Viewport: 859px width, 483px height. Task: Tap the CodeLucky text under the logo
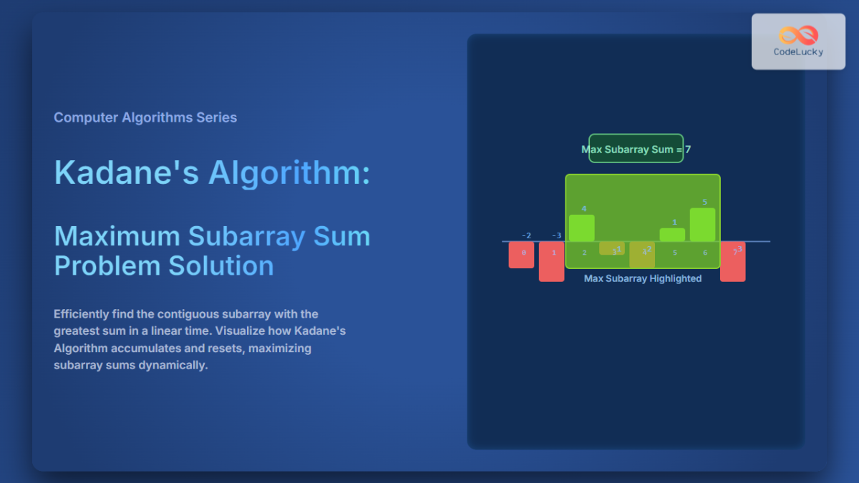[798, 52]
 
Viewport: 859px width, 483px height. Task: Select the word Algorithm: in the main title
[289, 172]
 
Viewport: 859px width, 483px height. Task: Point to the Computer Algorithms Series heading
[145, 117]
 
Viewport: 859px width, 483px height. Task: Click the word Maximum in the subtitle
[116, 236]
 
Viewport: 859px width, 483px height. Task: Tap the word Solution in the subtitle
[221, 265]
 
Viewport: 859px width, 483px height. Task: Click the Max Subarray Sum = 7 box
[636, 149]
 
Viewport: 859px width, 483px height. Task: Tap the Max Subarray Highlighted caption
[643, 278]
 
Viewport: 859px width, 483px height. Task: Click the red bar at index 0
[522, 255]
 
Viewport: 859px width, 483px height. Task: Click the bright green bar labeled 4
[582, 228]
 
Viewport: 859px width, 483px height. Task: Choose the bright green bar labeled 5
[702, 225]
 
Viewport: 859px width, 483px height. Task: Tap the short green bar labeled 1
[672, 235]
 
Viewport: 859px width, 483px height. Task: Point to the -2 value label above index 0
[526, 235]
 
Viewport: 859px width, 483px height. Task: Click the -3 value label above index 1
[556, 235]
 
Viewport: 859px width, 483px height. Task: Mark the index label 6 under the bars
[705, 253]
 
